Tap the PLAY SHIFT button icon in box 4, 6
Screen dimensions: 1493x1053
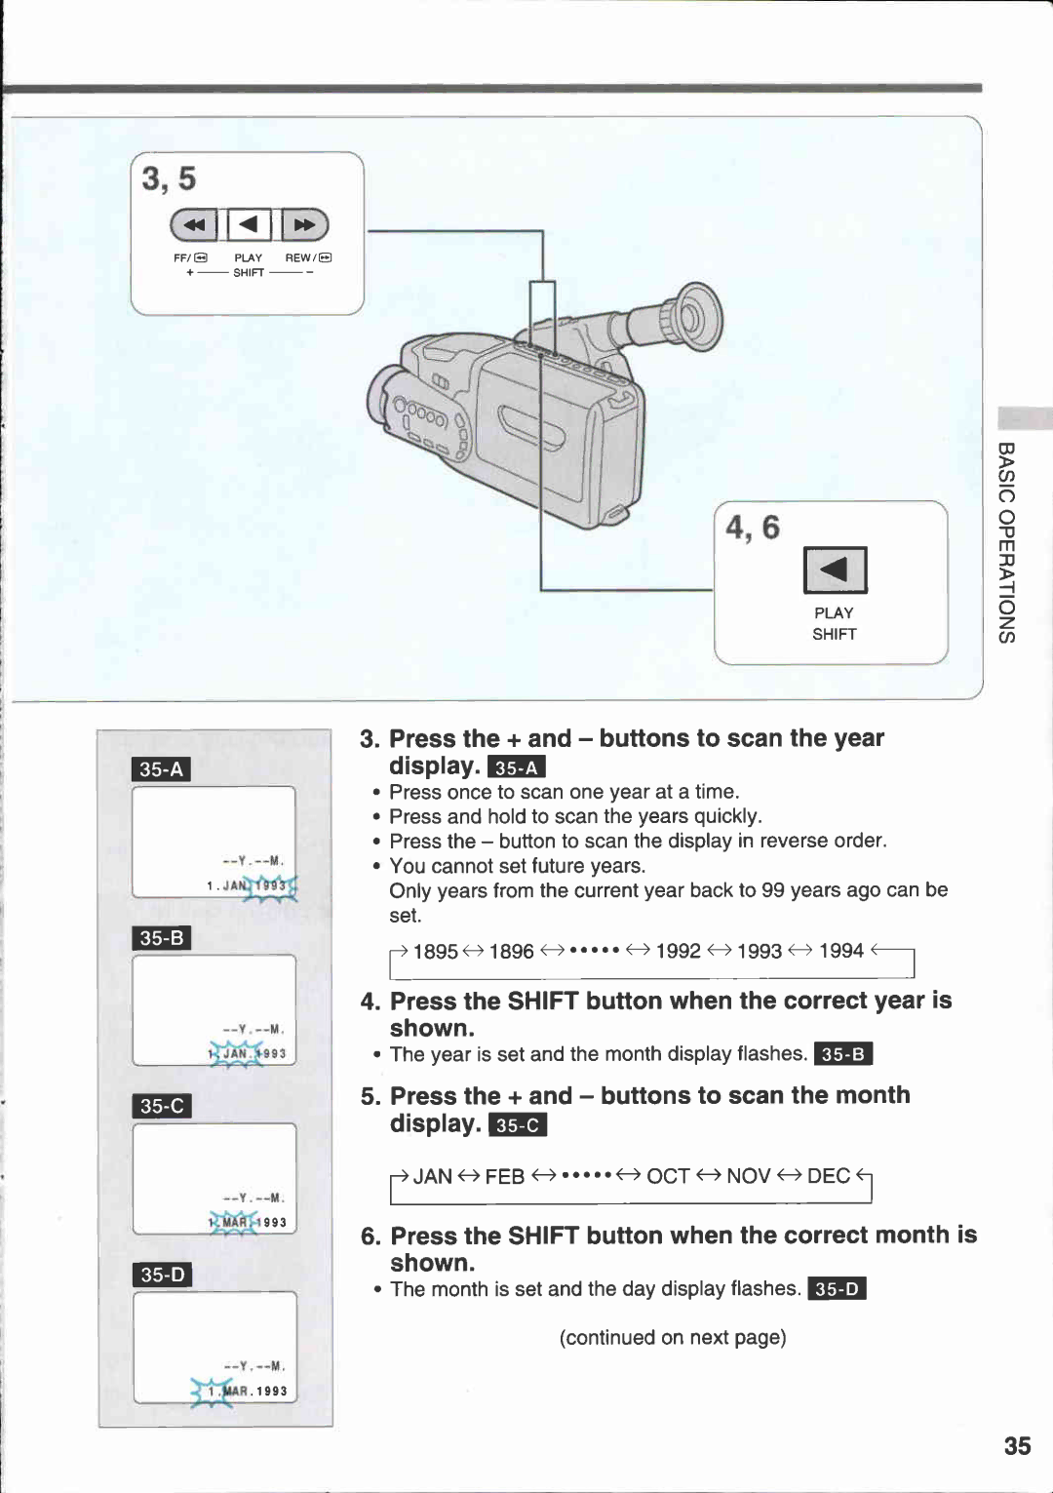(835, 570)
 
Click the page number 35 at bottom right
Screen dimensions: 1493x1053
(1017, 1445)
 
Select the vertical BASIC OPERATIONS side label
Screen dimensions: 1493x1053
(1006, 542)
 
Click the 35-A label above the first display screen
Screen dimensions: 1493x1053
(161, 768)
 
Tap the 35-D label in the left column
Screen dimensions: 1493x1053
(162, 1274)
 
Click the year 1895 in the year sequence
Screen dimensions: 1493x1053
(435, 951)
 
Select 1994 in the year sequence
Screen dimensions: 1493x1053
(840, 951)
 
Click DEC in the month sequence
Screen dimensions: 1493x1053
(828, 1176)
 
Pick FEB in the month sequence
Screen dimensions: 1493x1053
(504, 1176)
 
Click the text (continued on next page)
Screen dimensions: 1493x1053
(673, 1337)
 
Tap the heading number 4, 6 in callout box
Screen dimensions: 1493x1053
(752, 528)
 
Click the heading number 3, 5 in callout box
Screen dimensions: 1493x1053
(169, 178)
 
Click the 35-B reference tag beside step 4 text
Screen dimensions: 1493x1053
(842, 1054)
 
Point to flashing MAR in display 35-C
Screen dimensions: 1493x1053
(234, 1222)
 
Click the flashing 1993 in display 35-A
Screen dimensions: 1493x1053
(272, 885)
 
